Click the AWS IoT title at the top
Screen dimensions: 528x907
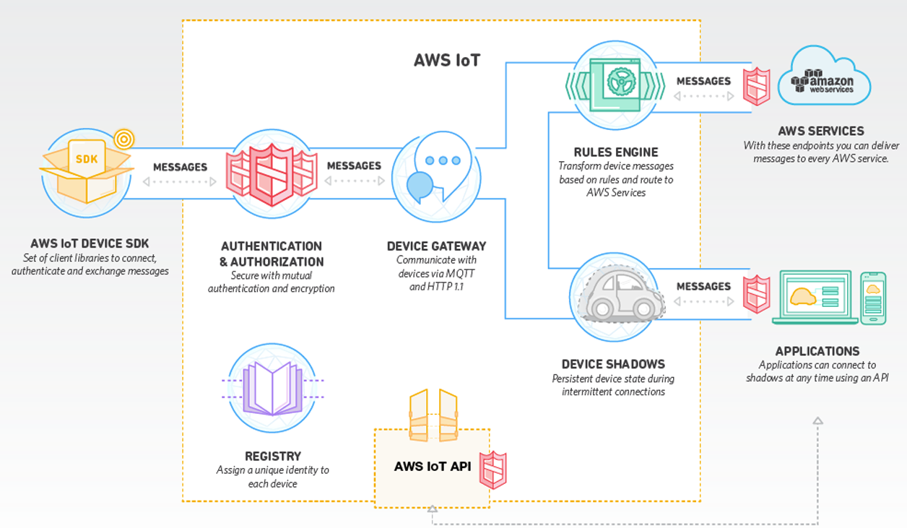(x=447, y=60)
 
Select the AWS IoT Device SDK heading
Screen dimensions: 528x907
(x=90, y=243)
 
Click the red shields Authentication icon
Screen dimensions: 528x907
(x=271, y=173)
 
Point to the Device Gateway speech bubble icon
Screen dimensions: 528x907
(x=433, y=175)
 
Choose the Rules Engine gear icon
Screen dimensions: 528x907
(x=616, y=83)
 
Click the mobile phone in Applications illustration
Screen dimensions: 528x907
(x=873, y=297)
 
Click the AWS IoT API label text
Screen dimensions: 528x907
(x=432, y=466)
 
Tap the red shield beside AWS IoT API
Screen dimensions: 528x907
(x=494, y=470)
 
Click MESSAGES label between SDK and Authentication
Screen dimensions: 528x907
(x=180, y=167)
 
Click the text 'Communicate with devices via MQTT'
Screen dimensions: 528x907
(x=436, y=267)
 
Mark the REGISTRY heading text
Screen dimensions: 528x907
(x=272, y=456)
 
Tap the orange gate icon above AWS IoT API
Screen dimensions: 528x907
(x=433, y=415)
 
